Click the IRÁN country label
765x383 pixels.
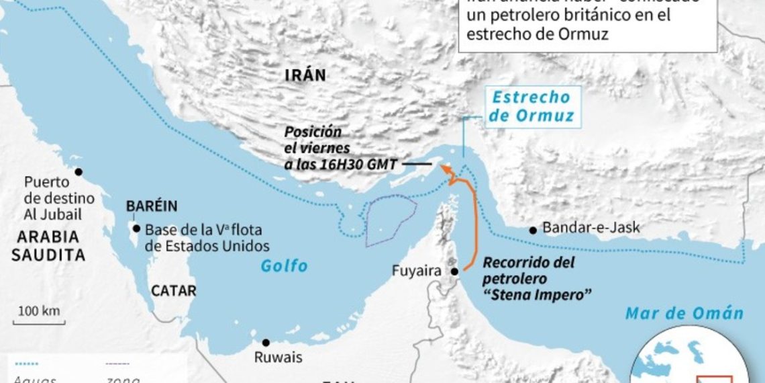(305, 75)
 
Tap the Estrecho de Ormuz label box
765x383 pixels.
(531, 107)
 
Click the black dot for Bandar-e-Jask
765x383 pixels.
(533, 230)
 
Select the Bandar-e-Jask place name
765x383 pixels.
(591, 228)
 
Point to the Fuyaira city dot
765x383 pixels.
(454, 271)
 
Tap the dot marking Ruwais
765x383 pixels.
(266, 342)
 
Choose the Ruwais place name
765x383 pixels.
(278, 357)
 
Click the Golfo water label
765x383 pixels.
(285, 267)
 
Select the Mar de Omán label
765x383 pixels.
(684, 313)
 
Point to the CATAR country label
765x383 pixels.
(173, 291)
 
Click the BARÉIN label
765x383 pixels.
(152, 206)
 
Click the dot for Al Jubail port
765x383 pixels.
(79, 172)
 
